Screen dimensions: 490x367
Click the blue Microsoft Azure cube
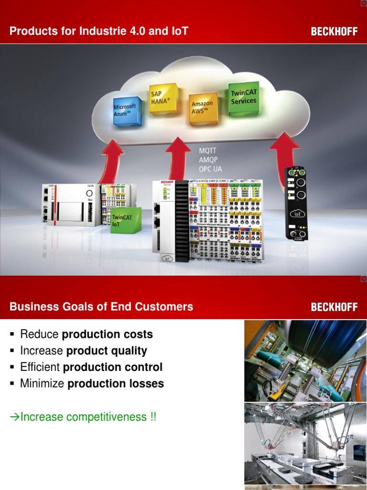(x=127, y=111)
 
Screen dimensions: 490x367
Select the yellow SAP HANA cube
(x=163, y=99)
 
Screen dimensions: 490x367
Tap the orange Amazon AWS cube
(x=203, y=108)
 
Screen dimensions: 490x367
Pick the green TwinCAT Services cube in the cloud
(x=244, y=98)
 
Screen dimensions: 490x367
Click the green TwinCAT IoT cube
(x=125, y=220)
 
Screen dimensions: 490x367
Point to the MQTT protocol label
(x=208, y=150)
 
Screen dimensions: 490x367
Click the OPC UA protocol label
(x=211, y=169)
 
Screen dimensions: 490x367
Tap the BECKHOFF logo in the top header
(x=334, y=32)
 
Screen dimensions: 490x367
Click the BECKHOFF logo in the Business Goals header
(x=334, y=307)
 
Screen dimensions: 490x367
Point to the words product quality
(x=107, y=351)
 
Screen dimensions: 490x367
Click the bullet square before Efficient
(x=12, y=367)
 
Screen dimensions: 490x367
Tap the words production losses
(x=116, y=384)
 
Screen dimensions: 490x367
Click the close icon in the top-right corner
(x=363, y=3)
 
